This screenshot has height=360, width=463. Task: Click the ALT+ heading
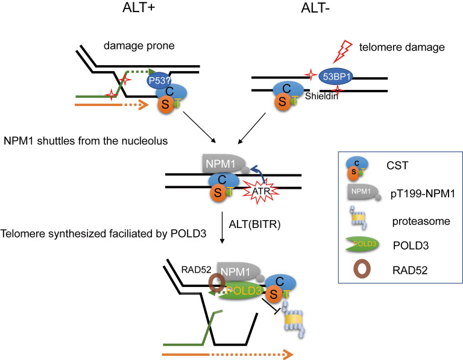coord(139,8)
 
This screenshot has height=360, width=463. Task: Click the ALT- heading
coord(315,8)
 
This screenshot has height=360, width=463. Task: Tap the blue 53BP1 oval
coord(336,77)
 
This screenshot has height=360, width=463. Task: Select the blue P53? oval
coord(159,80)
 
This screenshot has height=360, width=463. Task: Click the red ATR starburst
coord(261,191)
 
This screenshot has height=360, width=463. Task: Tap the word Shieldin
coord(321,96)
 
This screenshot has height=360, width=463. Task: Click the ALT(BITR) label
coord(254,224)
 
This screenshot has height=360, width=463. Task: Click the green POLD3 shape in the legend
coord(362,245)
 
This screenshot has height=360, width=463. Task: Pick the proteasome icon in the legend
coord(359,218)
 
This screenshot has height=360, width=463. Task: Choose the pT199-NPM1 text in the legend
coord(423,194)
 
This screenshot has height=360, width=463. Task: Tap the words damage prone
coord(139,46)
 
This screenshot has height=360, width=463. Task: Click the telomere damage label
coord(402,47)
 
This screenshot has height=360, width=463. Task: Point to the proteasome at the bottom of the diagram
coord(294,320)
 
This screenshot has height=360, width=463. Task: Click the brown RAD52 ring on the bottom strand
coord(217,283)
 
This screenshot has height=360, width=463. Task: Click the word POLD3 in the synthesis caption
coord(188,233)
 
